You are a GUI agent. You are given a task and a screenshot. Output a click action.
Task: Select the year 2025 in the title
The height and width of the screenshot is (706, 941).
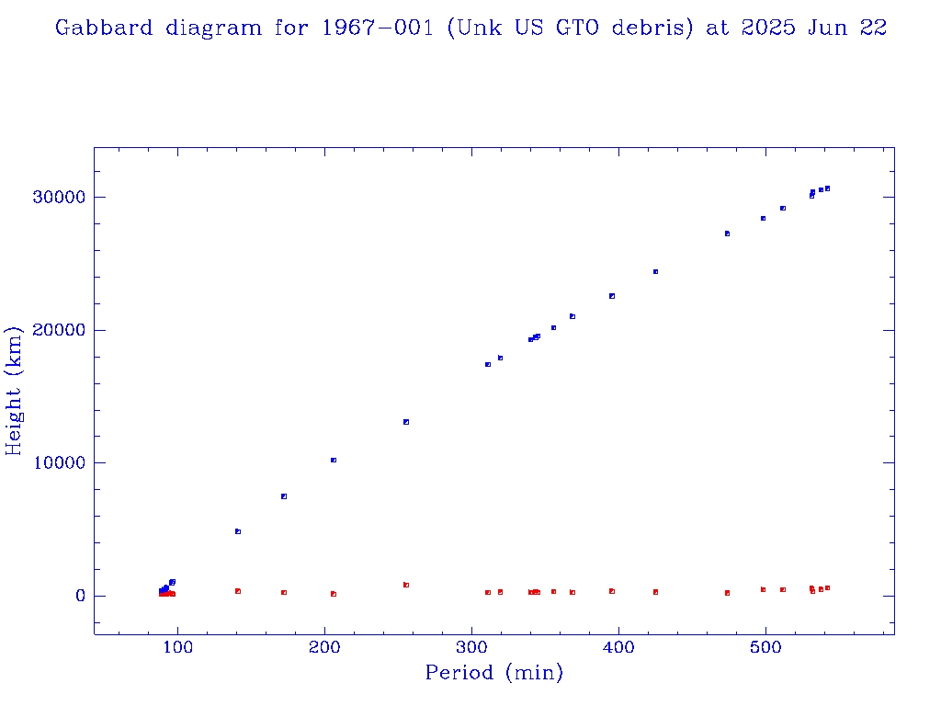[762, 28]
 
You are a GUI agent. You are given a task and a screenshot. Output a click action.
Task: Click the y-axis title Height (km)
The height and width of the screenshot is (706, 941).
[15, 391]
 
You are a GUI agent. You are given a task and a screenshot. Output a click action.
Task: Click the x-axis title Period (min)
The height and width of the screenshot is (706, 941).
[493, 673]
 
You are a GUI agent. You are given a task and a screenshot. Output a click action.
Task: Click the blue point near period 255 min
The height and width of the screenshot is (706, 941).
[405, 422]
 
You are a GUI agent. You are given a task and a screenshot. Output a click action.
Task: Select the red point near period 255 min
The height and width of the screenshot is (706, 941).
[405, 585]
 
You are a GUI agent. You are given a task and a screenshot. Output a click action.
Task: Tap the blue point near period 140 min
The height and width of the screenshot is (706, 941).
[237, 531]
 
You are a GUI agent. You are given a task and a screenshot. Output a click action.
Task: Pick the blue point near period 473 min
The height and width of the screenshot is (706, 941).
[727, 233]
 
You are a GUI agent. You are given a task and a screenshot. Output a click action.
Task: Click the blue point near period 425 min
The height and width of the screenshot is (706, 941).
[655, 271]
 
